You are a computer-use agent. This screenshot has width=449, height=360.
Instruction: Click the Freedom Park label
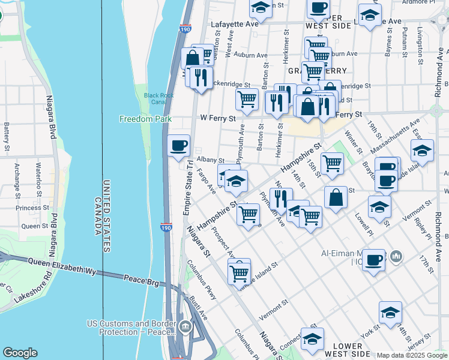point(145,119)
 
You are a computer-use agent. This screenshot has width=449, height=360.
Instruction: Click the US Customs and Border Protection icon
point(185,327)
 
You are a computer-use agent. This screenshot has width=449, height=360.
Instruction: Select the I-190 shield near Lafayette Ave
point(185,28)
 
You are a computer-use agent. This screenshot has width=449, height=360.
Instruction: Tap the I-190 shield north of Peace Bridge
point(166,226)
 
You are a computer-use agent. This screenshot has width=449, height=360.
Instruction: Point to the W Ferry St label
point(218,119)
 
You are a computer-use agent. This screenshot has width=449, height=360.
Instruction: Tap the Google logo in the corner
point(20,353)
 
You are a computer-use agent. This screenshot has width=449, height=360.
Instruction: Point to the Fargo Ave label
point(206,181)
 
